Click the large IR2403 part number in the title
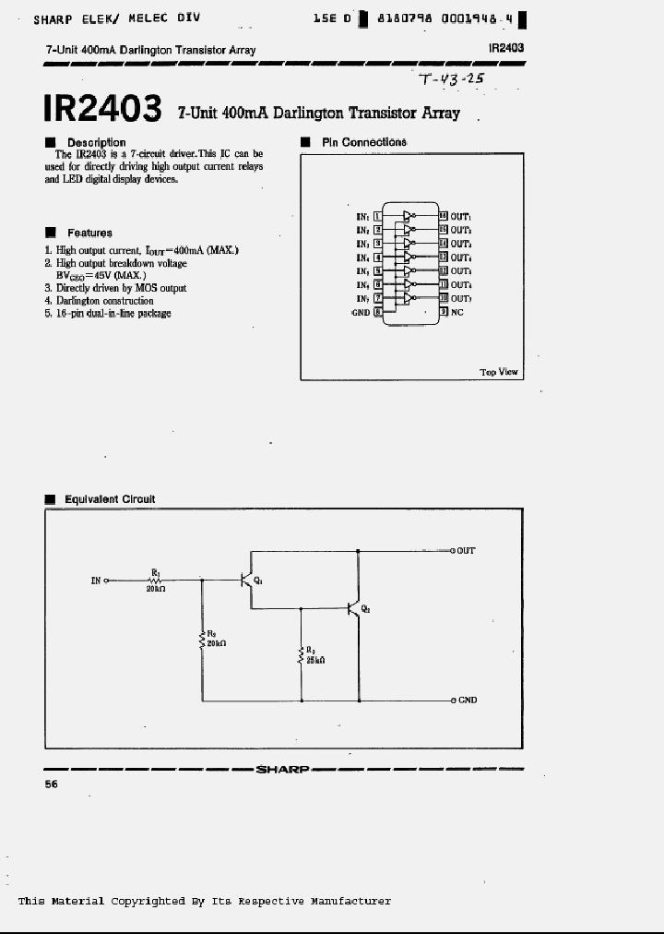(101, 107)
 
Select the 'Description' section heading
(95, 142)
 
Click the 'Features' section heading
(89, 233)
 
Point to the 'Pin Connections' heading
(363, 142)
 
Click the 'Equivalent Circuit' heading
(109, 499)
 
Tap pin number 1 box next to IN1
(376, 216)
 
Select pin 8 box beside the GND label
(376, 312)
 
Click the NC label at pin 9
(456, 312)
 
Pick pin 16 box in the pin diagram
(443, 216)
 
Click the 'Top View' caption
(499, 372)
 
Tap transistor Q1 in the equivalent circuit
(248, 580)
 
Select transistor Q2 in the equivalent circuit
(356, 608)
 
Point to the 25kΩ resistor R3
(301, 654)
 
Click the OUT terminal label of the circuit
(466, 551)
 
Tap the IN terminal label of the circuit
(96, 581)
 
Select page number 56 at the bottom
(51, 784)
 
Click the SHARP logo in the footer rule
(281, 769)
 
